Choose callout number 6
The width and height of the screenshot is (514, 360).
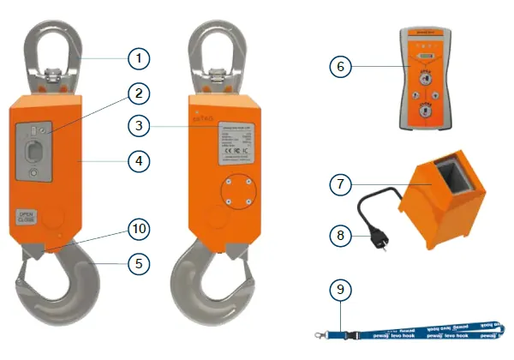click(x=341, y=66)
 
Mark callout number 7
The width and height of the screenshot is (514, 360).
click(x=341, y=183)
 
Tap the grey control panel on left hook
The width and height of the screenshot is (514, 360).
click(x=35, y=149)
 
